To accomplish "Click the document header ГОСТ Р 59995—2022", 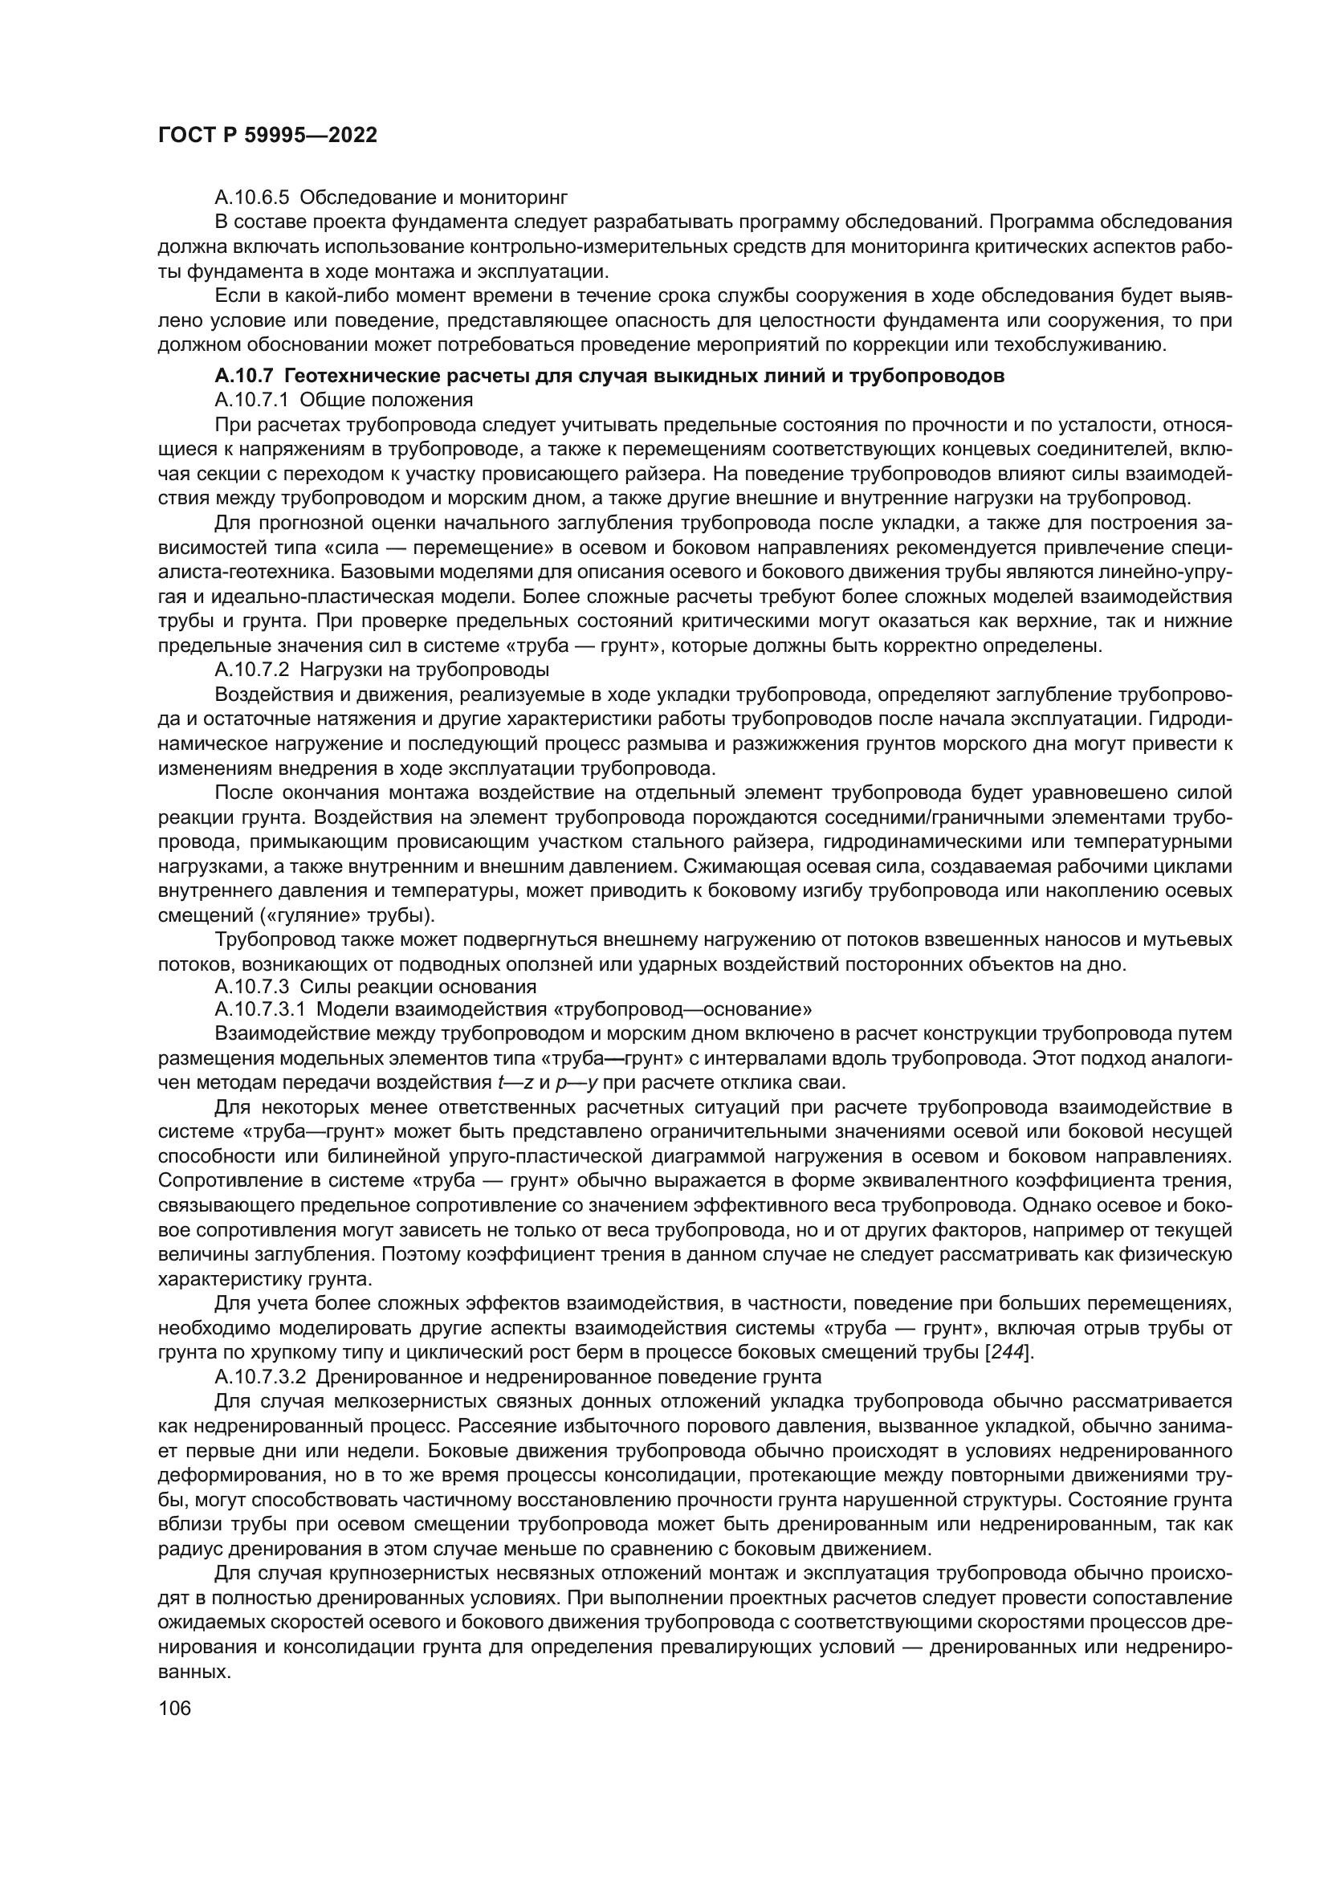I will (x=267, y=136).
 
